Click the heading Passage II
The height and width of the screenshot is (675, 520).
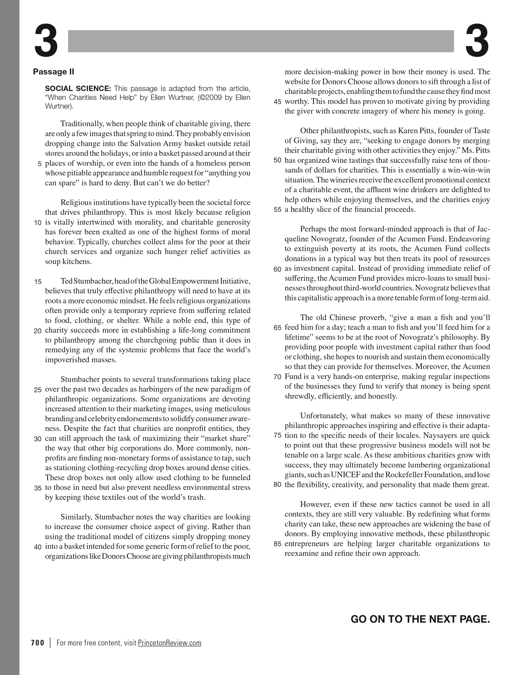tap(53, 72)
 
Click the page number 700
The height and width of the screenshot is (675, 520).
tap(38, 643)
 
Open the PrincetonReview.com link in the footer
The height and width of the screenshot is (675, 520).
tap(170, 643)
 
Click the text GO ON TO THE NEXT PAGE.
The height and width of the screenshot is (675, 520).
tap(420, 619)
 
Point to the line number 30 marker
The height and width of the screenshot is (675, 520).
tap(38, 439)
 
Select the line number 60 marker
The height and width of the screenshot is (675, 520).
tap(277, 269)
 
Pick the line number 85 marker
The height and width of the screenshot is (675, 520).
tap(277, 544)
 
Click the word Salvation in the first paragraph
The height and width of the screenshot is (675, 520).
tap(143, 144)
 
